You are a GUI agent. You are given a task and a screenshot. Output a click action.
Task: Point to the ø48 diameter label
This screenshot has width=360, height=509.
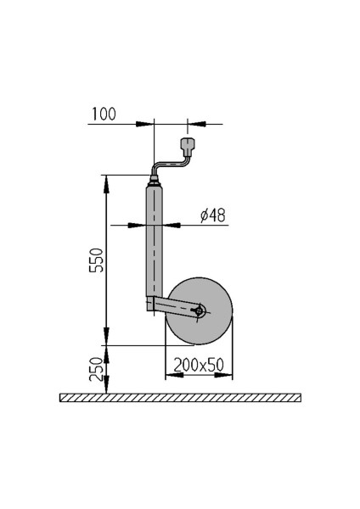click(x=212, y=215)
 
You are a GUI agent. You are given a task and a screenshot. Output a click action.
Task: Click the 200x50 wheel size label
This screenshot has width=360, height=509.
click(x=198, y=365)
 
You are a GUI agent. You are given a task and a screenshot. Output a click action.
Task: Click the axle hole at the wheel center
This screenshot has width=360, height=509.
click(x=199, y=311)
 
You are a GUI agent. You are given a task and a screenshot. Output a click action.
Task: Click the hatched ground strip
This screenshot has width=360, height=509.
click(x=180, y=398)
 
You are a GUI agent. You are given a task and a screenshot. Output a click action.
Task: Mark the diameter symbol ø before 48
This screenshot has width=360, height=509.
click(x=205, y=215)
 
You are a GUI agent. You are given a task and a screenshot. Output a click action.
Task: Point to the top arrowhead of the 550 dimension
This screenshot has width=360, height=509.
click(x=105, y=181)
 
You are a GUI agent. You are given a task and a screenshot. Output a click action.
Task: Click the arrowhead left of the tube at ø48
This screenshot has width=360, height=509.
click(x=138, y=226)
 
